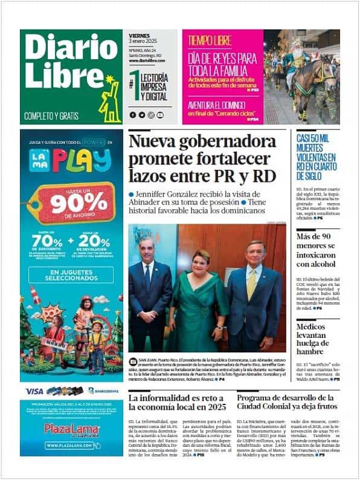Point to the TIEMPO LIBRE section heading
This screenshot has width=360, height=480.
pos(211,41)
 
